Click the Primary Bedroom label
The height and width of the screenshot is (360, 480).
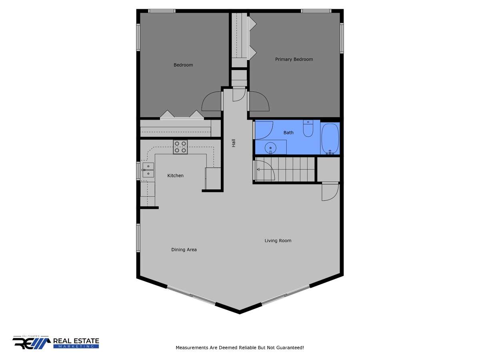(x=294, y=59)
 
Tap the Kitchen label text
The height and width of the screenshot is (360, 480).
(x=175, y=176)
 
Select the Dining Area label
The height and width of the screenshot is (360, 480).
(x=184, y=250)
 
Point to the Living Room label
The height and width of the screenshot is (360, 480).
(x=278, y=241)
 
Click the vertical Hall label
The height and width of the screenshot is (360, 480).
(x=234, y=143)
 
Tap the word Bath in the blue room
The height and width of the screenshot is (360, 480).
(x=288, y=133)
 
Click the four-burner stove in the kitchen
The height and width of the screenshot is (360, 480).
(x=180, y=147)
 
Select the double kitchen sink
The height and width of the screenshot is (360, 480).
(x=148, y=170)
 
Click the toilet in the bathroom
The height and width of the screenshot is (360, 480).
(x=308, y=128)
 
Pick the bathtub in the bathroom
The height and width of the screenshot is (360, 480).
(x=330, y=139)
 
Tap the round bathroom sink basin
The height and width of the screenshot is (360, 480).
(x=270, y=148)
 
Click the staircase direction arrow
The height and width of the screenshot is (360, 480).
(x=258, y=169)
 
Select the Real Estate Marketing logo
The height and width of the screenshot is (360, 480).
(x=56, y=342)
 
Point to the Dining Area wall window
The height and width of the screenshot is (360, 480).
(x=138, y=238)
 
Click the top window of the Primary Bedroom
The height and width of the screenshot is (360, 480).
(x=316, y=11)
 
